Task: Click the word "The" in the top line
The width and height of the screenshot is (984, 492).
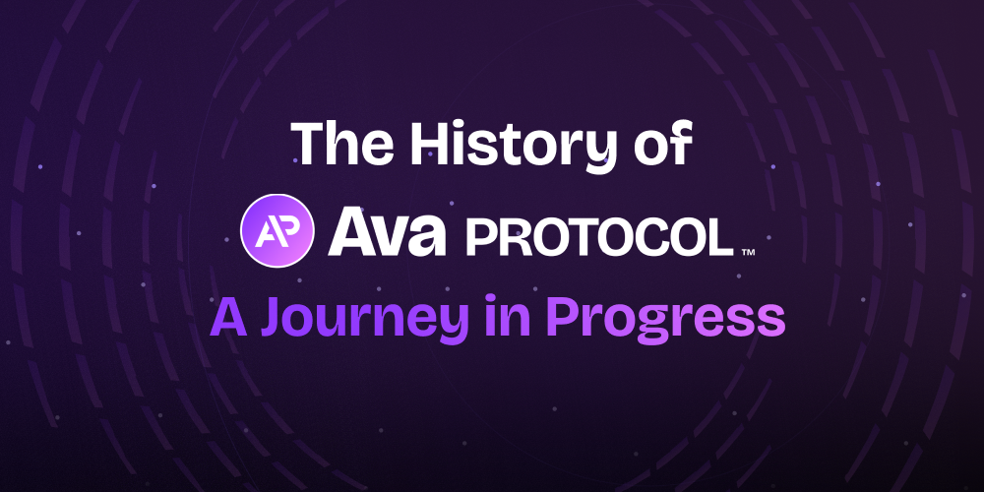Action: [x=338, y=144]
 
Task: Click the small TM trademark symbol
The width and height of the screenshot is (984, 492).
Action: [x=748, y=253]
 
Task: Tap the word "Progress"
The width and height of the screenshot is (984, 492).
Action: [x=665, y=320]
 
